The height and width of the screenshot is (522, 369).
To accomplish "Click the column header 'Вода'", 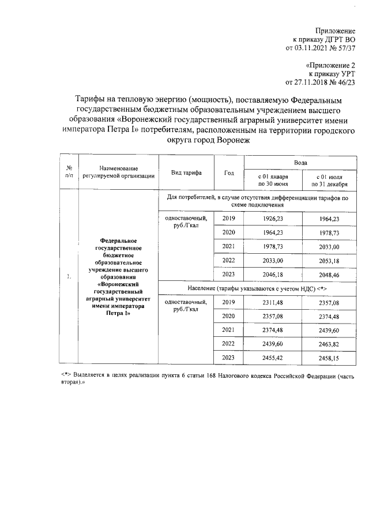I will (x=300, y=163).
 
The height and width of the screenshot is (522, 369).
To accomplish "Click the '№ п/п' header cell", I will (x=69, y=172).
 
